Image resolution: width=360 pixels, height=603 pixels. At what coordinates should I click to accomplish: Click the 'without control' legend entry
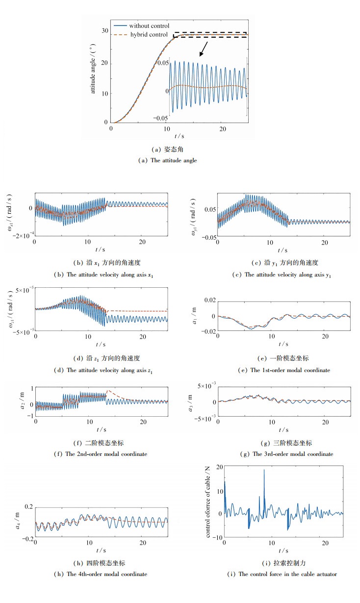pos(150,25)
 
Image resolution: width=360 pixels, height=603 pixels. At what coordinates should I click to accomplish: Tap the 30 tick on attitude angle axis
pos(104,30)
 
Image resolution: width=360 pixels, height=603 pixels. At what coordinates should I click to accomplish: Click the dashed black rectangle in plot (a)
pos(210,35)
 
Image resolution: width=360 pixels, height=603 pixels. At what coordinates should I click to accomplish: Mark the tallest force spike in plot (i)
pos(264,471)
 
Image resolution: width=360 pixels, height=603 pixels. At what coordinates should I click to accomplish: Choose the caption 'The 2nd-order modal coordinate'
pos(101,454)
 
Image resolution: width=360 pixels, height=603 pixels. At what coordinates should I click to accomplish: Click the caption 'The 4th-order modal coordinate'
pos(101,574)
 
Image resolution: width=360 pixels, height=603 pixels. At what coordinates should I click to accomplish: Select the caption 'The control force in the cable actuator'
pos(283,574)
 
